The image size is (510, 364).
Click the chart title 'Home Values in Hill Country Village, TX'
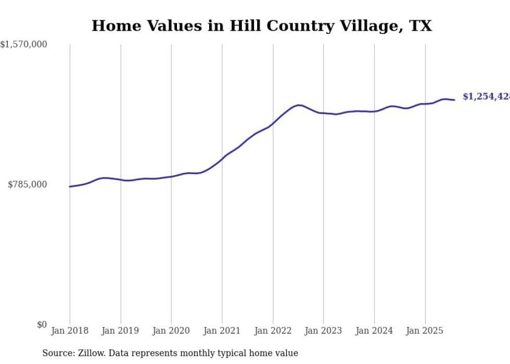[x=262, y=26]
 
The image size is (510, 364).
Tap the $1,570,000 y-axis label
[x=23, y=45]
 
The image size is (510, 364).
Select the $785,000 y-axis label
[x=27, y=184]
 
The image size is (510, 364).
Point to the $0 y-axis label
[x=42, y=324]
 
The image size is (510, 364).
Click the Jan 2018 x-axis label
[x=70, y=331]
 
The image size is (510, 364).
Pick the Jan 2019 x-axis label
[x=121, y=331]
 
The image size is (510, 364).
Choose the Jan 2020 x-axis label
[x=171, y=331]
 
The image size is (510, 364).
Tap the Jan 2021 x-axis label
[x=222, y=331]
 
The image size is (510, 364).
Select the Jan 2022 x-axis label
[x=273, y=331]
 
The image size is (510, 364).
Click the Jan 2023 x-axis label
[x=323, y=331]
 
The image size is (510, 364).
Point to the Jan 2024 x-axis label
[x=374, y=331]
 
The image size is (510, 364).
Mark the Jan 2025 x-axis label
[x=425, y=331]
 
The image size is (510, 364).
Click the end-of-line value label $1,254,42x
[x=486, y=97]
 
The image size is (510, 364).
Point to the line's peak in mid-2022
[x=299, y=105]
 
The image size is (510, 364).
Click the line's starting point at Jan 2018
[x=70, y=186]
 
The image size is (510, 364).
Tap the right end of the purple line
[x=454, y=100]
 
